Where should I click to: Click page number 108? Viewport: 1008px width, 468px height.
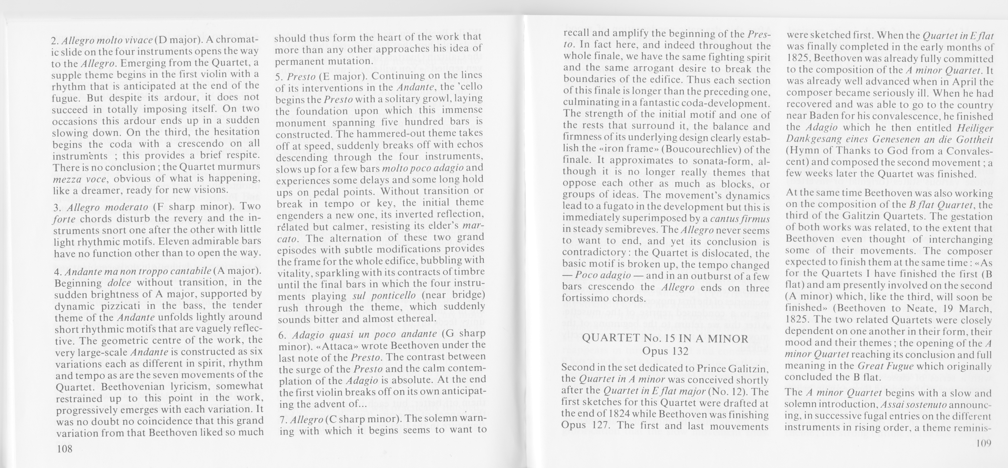[x=64, y=449]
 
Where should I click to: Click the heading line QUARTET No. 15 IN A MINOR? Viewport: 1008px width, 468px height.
[x=665, y=338]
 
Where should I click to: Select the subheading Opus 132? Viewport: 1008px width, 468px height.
[x=665, y=351]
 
